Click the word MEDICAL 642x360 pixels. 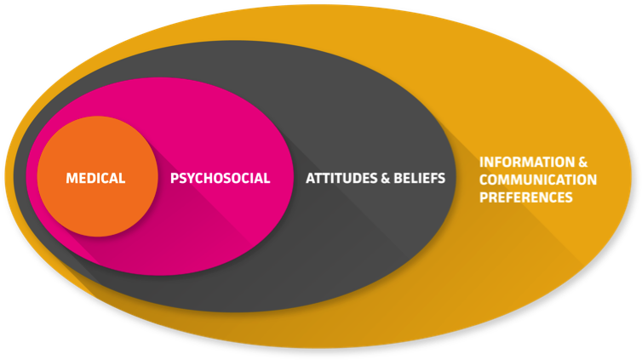[95, 179]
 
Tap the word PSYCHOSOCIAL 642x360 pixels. [220, 179]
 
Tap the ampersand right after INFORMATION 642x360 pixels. [583, 162]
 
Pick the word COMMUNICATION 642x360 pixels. [538, 180]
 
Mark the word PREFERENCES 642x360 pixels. [525, 197]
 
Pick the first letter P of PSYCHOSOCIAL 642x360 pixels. [175, 179]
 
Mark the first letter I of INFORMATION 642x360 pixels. [482, 162]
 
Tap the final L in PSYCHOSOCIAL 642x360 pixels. [267, 179]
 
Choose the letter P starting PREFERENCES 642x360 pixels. [484, 197]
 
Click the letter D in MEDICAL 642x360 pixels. [91, 179]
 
